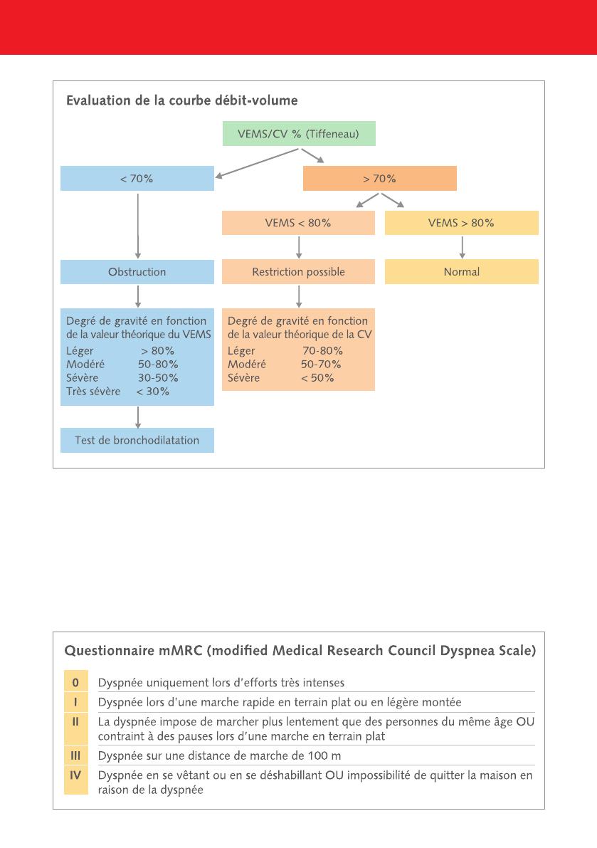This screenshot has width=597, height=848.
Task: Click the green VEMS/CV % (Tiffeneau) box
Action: pyautogui.click(x=299, y=134)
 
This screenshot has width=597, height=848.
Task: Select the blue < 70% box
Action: pyautogui.click(x=137, y=179)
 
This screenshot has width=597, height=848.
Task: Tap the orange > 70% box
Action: pyautogui.click(x=380, y=179)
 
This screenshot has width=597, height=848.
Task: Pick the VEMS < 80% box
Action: pyautogui.click(x=298, y=223)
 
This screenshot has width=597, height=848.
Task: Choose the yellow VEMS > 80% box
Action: pyautogui.click(x=461, y=223)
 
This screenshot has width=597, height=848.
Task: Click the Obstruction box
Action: pyautogui.click(x=137, y=272)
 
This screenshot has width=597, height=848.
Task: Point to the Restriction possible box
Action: pyautogui.click(x=298, y=272)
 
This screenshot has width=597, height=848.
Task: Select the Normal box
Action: pyautogui.click(x=461, y=272)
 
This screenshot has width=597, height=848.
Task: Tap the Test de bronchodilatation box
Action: pyautogui.click(x=137, y=440)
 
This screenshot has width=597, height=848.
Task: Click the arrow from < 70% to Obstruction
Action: pyautogui.click(x=138, y=226)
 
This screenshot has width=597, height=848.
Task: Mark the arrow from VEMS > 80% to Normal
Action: pyautogui.click(x=462, y=248)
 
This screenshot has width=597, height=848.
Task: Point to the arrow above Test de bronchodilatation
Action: pyautogui.click(x=138, y=417)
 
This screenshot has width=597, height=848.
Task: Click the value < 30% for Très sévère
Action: pyautogui.click(x=153, y=392)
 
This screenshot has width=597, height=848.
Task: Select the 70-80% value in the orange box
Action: pyautogui.click(x=322, y=351)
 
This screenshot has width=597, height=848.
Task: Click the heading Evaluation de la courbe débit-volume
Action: pyautogui.click(x=182, y=100)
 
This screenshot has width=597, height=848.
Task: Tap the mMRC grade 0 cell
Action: pyautogui.click(x=75, y=683)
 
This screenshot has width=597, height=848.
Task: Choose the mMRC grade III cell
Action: pyautogui.click(x=75, y=755)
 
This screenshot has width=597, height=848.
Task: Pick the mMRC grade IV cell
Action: pyautogui.click(x=75, y=780)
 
